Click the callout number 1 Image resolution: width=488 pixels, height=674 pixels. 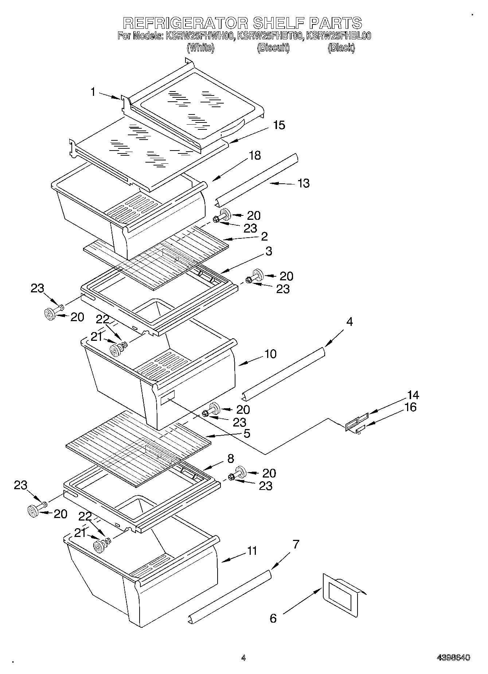pos(93,92)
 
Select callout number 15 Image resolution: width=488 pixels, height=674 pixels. pos(279,125)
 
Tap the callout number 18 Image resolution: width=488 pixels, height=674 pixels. pos(255,155)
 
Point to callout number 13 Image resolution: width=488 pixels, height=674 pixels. pos(304,183)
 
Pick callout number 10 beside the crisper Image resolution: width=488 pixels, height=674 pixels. pos(270,354)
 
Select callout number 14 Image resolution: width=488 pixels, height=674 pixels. pos(413,395)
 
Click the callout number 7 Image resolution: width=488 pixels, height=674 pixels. pos(296,545)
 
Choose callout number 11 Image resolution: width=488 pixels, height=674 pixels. pos(252,550)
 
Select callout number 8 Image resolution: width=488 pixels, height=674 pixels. pos(230,459)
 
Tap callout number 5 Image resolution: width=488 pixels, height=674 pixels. pos(247,434)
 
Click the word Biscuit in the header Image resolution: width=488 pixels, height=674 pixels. pos(273,48)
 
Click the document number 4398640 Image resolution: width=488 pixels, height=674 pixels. pos(453,658)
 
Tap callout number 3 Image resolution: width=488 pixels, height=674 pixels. pos(269,251)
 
